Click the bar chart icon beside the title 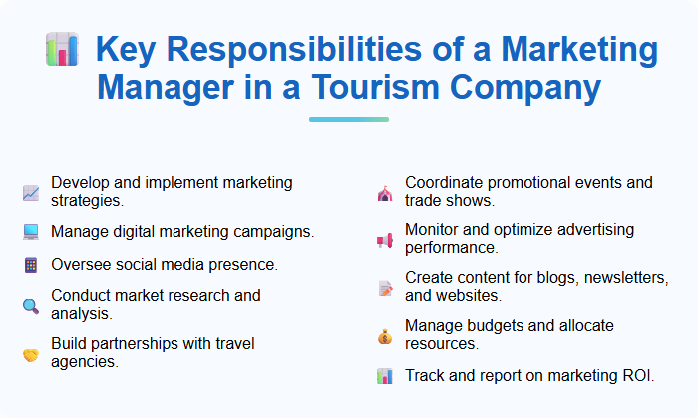pyautogui.click(x=62, y=49)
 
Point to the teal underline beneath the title pyautogui.click(x=348, y=119)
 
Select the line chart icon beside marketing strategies pyautogui.click(x=31, y=193)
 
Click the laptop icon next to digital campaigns pyautogui.click(x=31, y=232)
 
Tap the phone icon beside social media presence pyautogui.click(x=31, y=265)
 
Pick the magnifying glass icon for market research pyautogui.click(x=31, y=305)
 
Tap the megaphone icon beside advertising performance pyautogui.click(x=385, y=240)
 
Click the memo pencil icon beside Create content pyautogui.click(x=385, y=288)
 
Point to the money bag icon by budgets pyautogui.click(x=385, y=336)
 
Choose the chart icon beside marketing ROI pyautogui.click(x=385, y=376)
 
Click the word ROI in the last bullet pyautogui.click(x=637, y=376)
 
